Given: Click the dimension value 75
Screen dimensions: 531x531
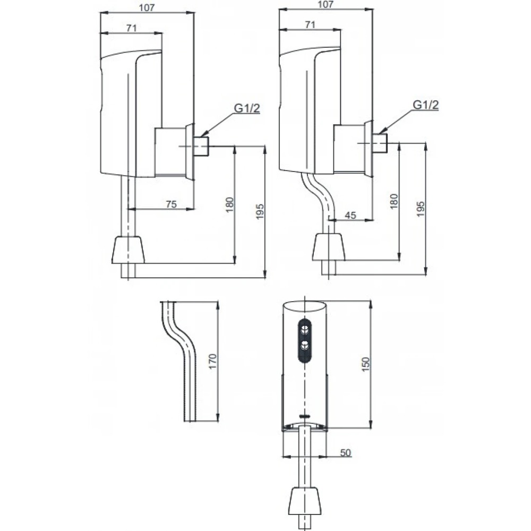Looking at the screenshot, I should [x=171, y=203].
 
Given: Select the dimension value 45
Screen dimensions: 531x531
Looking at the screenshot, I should [x=350, y=215].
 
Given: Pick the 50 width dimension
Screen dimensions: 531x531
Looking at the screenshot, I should [x=345, y=452].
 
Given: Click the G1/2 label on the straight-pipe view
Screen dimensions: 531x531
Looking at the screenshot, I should [x=247, y=109].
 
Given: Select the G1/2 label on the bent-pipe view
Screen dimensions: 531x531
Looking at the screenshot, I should [x=426, y=105].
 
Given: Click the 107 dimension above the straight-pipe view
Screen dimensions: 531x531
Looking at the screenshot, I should [x=147, y=7].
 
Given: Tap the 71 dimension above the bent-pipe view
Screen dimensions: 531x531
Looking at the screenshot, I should [x=310, y=24].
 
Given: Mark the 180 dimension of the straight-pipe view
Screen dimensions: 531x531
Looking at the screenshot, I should [x=229, y=204].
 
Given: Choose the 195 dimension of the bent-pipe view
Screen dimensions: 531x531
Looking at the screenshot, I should [x=421, y=208].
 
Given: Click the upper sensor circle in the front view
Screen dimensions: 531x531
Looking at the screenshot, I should [x=305, y=328].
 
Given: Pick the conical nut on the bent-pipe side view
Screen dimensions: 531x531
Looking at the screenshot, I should [x=328, y=247].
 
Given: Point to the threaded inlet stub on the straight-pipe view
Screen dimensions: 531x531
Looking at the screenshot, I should [x=202, y=146].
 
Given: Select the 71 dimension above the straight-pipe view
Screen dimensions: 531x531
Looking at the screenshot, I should [x=131, y=28].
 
